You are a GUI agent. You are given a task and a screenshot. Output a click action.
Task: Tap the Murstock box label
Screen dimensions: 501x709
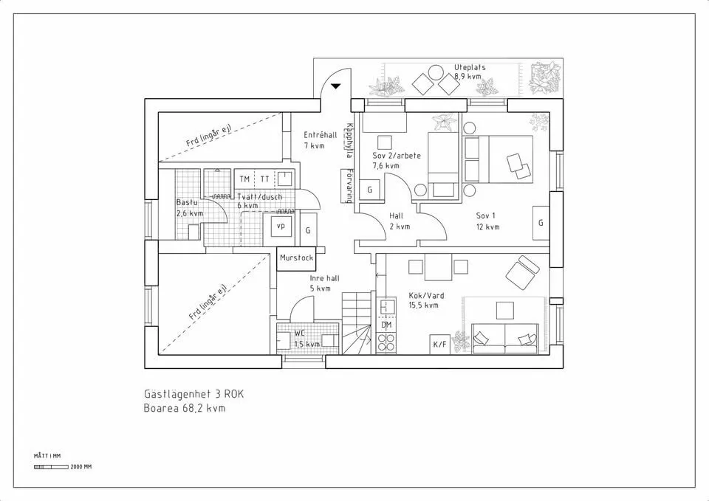pos(297,258)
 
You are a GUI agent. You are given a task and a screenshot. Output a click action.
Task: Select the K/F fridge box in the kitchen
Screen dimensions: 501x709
pos(439,344)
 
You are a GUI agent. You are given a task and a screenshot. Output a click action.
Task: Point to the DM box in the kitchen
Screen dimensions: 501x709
pos(386,325)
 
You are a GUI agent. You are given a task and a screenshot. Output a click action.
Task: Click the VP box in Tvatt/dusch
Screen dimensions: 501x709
pos(281,227)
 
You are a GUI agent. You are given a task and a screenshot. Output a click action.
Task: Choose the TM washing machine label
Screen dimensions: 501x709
pos(244,179)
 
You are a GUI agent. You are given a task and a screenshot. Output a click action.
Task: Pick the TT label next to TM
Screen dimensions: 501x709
pos(264,179)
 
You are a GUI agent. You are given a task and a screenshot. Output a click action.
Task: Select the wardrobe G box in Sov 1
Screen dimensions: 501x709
pos(541,222)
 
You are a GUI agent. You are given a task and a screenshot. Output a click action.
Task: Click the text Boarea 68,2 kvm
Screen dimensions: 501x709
pos(185,407)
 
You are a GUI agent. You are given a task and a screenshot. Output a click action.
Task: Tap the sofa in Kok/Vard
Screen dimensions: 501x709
pos(504,339)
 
